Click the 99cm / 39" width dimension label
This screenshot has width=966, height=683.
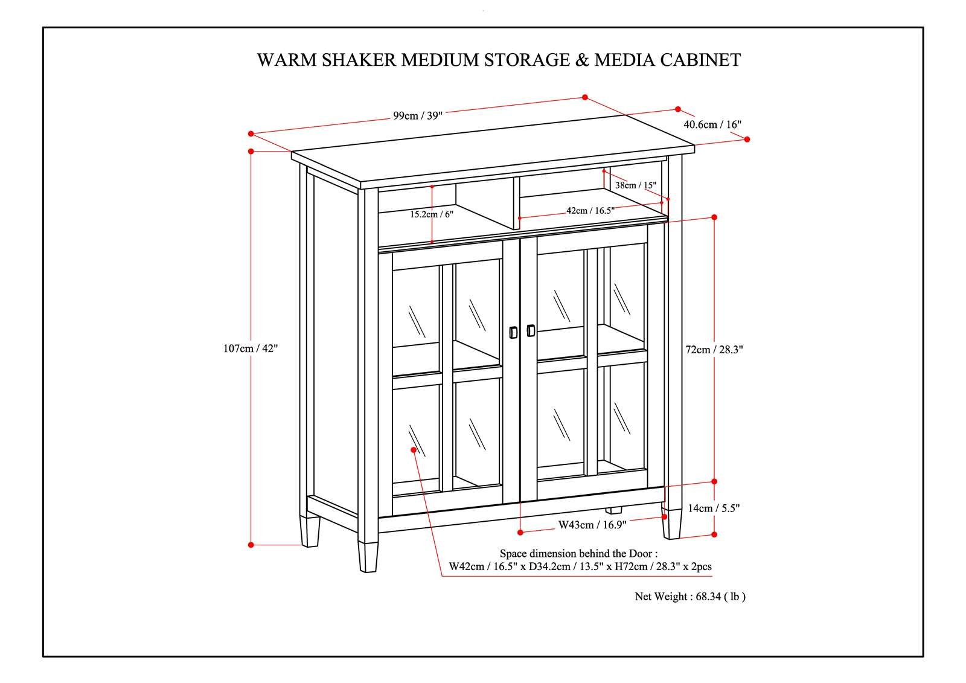pyautogui.click(x=418, y=116)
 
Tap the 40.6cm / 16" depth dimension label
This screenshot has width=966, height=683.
pyautogui.click(x=712, y=124)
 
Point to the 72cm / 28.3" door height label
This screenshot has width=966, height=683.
pyautogui.click(x=714, y=349)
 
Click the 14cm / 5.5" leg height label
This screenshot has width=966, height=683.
pyautogui.click(x=714, y=508)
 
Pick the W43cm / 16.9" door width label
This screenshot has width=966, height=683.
pyautogui.click(x=592, y=525)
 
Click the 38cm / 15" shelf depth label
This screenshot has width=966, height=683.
pyautogui.click(x=635, y=185)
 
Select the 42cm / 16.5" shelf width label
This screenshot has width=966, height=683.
pyautogui.click(x=590, y=211)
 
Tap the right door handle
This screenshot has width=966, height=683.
pyautogui.click(x=531, y=330)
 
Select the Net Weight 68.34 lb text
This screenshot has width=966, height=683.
pyautogui.click(x=690, y=597)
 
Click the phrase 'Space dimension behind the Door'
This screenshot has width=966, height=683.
pyautogui.click(x=578, y=553)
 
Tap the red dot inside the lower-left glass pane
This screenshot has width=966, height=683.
pyautogui.click(x=414, y=449)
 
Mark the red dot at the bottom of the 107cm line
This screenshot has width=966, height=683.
pyautogui.click(x=251, y=545)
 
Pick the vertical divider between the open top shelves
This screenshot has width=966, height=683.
pyautogui.click(x=516, y=202)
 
